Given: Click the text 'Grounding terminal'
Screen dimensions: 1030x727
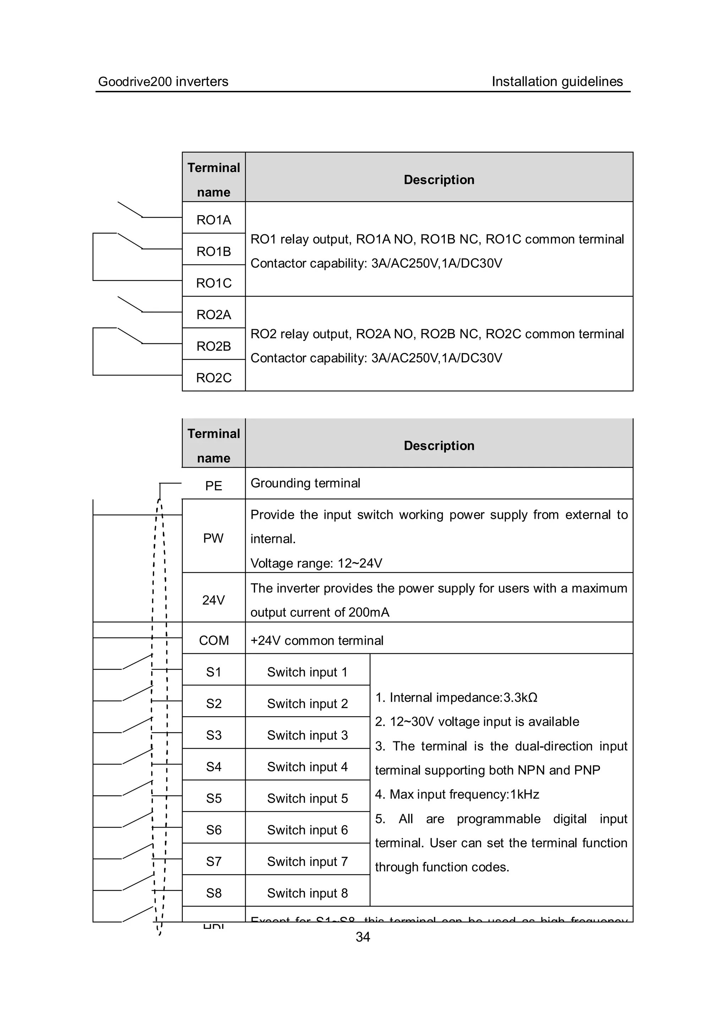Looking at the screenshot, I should [x=305, y=483].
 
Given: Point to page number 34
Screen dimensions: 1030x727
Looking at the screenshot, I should [x=363, y=937].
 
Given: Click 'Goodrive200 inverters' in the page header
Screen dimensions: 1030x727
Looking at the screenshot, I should [x=163, y=82].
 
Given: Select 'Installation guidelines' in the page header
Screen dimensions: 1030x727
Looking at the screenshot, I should [x=557, y=82].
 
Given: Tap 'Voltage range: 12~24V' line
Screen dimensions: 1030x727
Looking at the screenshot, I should [x=316, y=563].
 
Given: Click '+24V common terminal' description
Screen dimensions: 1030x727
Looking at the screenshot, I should [x=317, y=640].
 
